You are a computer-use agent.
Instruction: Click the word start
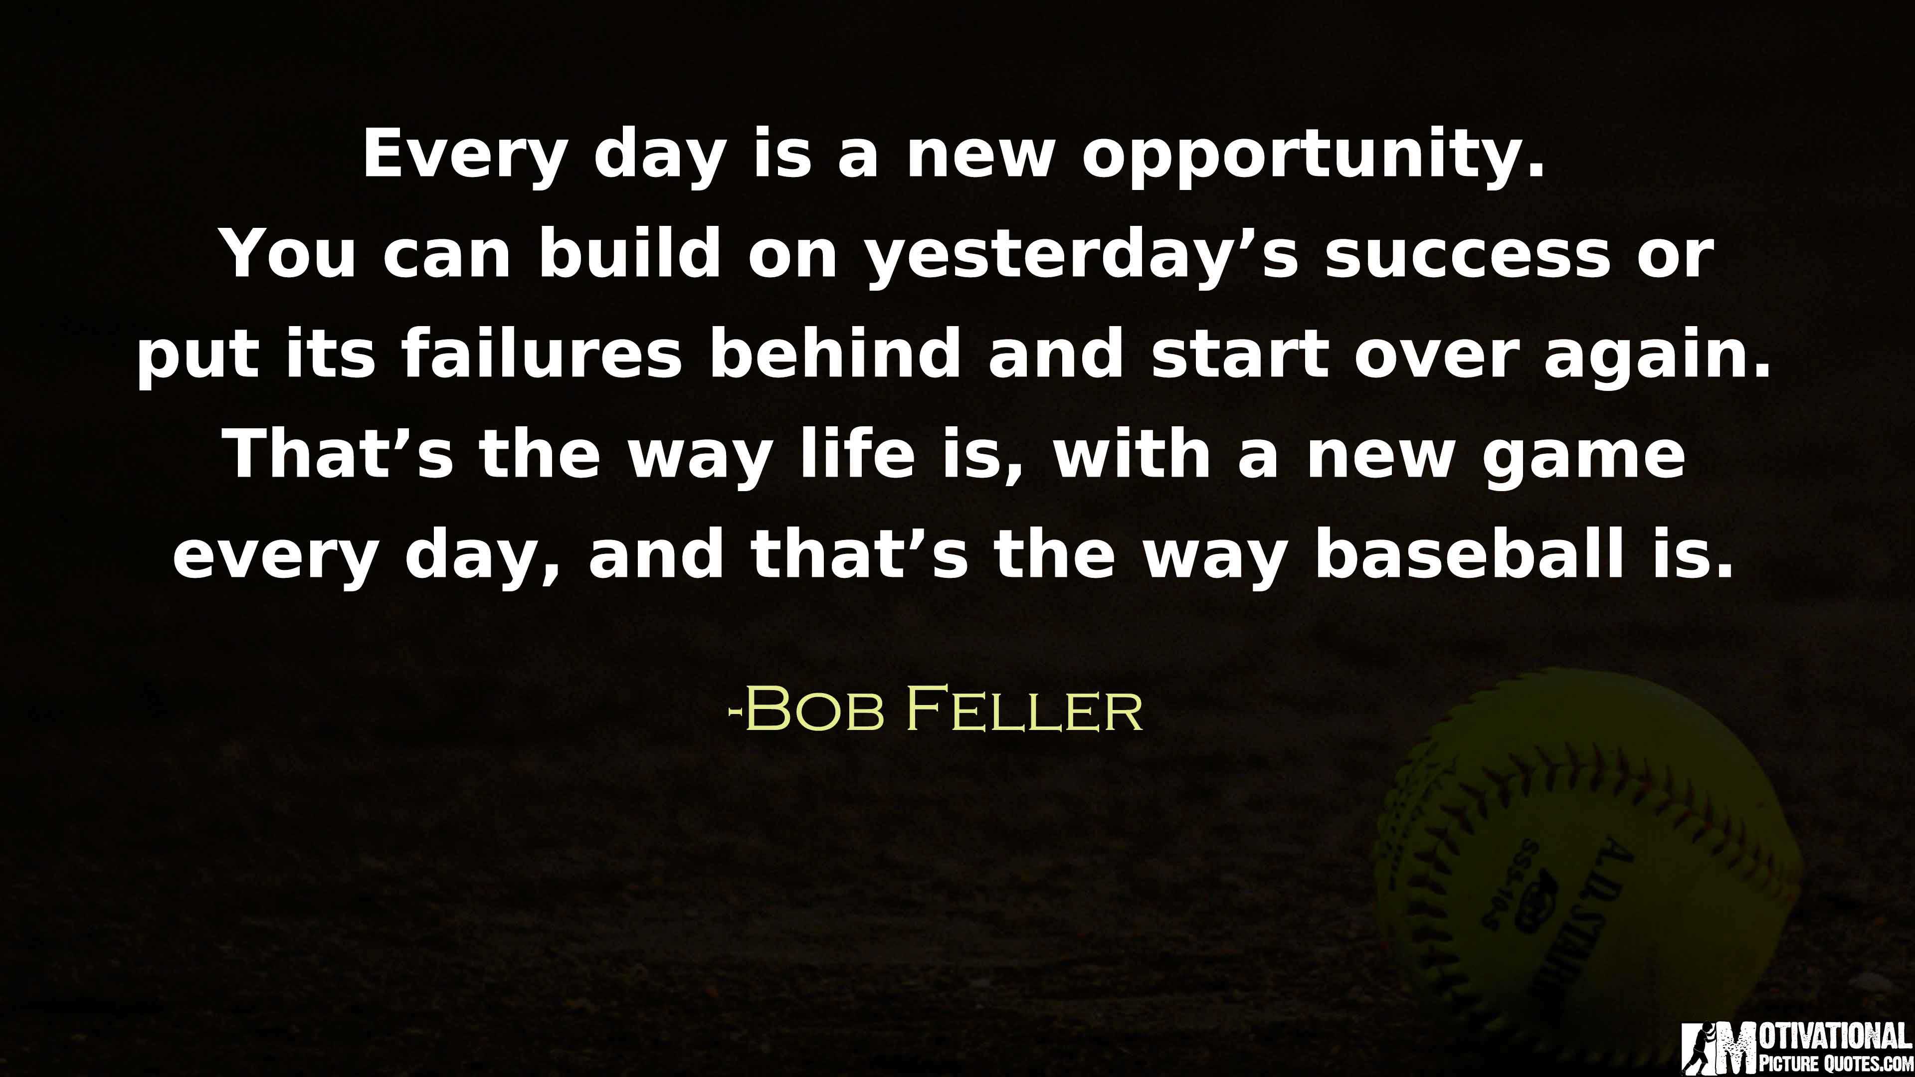tap(1239, 356)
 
